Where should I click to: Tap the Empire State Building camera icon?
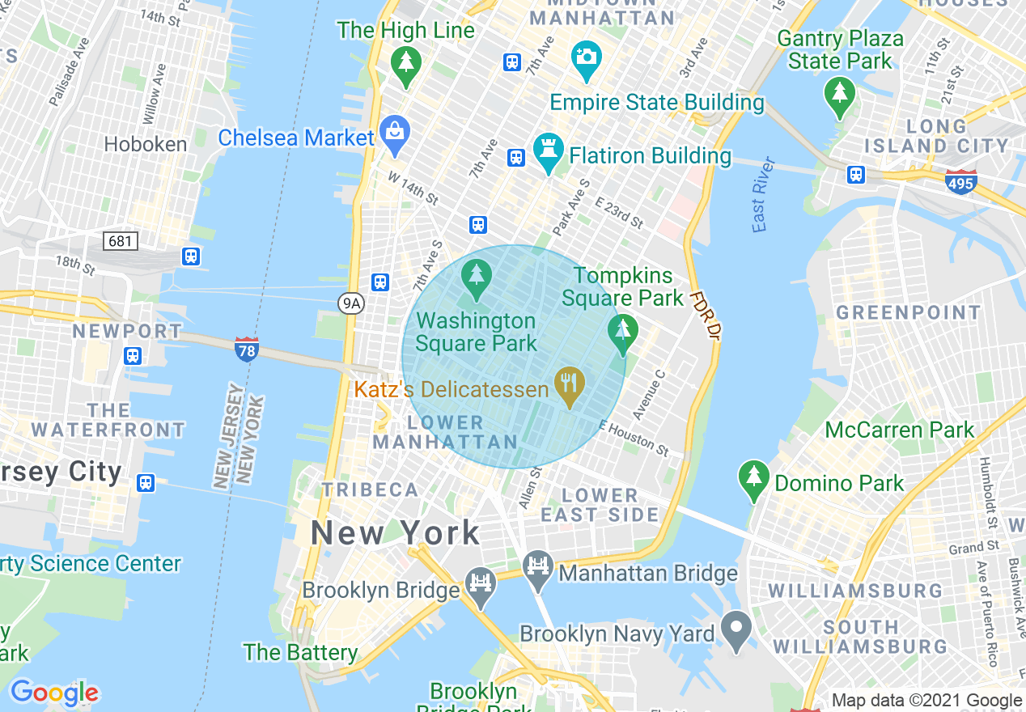pos(586,58)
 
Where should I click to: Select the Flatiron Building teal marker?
pos(548,151)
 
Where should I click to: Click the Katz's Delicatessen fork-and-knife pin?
pos(570,384)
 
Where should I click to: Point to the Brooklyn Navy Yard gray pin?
pos(736,629)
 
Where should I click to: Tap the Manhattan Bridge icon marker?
pos(536,569)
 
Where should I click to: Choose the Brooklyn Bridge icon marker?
pos(481,585)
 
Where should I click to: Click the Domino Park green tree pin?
pos(754,478)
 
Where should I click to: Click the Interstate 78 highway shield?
pos(247,350)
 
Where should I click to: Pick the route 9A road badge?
pos(350,303)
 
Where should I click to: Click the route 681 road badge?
pos(121,240)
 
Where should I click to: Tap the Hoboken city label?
pos(146,144)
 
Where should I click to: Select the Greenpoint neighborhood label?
pos(908,312)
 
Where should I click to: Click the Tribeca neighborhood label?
pos(370,489)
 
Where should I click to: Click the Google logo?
pos(54,693)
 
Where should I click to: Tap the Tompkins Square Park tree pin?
pos(622,333)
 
